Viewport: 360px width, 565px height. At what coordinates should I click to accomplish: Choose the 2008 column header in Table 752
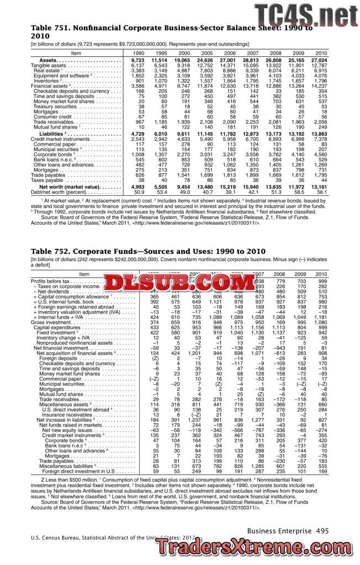[x=279, y=274]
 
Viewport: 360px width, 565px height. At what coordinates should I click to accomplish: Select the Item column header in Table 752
[x=84, y=274]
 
